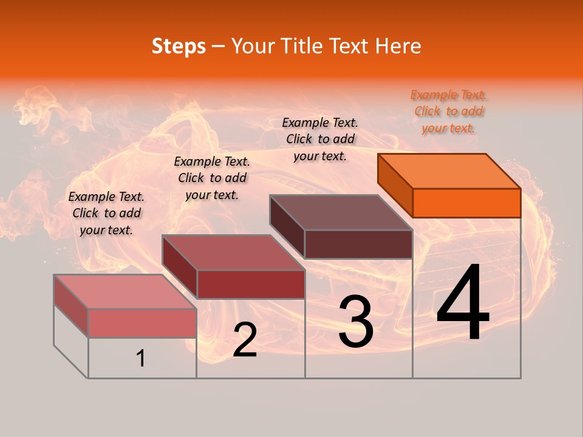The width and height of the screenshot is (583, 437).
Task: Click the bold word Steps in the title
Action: (179, 46)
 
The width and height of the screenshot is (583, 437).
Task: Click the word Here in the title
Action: (399, 46)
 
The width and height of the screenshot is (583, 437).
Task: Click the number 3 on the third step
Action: (356, 321)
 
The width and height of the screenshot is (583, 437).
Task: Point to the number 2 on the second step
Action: (245, 340)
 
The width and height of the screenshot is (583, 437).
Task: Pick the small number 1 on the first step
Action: (141, 358)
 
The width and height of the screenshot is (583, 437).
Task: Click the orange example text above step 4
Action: (449, 112)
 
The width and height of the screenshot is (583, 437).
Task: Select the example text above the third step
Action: (320, 139)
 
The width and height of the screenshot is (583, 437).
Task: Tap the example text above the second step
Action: (212, 178)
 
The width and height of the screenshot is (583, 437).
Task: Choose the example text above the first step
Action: (106, 213)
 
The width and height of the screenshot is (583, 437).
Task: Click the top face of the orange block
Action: (449, 171)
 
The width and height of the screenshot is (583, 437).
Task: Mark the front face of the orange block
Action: (466, 203)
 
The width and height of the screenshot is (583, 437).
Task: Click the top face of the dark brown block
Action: (341, 212)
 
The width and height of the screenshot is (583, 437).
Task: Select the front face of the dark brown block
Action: (358, 244)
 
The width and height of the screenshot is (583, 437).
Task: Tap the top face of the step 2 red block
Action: (233, 252)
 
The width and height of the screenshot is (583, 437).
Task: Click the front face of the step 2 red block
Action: (251, 284)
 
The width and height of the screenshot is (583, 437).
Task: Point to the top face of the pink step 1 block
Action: (125, 291)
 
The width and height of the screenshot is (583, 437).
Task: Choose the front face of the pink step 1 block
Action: (142, 323)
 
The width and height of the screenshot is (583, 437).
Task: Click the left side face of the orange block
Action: (395, 186)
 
